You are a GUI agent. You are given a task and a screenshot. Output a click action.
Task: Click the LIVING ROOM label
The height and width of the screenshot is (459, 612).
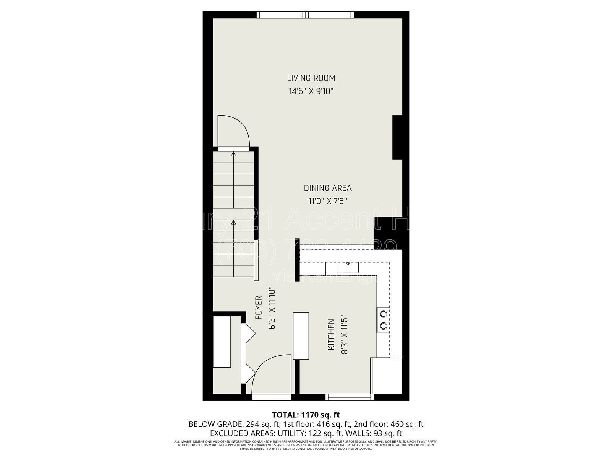click(x=311, y=78)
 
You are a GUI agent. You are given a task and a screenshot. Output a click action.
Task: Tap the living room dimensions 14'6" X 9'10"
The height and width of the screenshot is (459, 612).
click(x=311, y=91)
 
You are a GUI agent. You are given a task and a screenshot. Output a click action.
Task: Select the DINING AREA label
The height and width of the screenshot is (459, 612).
click(x=327, y=188)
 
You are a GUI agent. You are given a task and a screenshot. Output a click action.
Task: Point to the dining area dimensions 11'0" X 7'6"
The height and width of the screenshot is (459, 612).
click(x=327, y=201)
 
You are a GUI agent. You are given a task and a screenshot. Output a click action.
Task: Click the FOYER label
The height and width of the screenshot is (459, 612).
click(x=259, y=308)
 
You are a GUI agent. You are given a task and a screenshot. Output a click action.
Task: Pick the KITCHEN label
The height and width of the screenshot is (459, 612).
click(x=331, y=335)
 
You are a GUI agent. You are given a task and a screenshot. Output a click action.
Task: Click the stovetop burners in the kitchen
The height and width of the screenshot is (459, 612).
click(x=383, y=320)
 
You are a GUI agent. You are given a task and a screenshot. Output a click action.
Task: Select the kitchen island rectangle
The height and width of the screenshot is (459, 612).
click(x=301, y=335)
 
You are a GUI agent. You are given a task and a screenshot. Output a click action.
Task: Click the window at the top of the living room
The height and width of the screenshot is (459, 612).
click(x=305, y=15)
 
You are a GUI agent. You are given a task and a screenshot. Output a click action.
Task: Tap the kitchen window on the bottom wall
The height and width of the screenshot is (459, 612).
click(x=349, y=398)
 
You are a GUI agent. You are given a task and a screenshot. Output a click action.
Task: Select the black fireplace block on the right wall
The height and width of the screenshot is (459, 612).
click(x=397, y=137)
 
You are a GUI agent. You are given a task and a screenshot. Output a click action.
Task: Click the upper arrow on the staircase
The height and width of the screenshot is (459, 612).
click(x=233, y=155)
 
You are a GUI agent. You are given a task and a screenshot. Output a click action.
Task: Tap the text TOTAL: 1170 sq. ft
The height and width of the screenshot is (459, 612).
click(x=306, y=415)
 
